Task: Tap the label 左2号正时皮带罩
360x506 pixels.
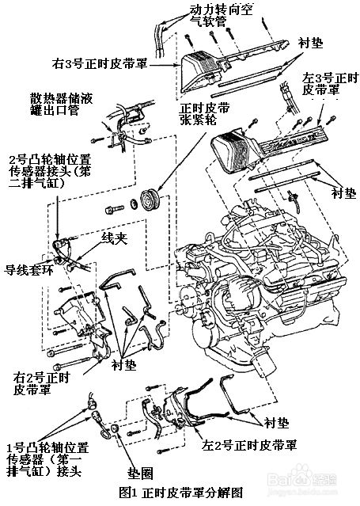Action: pos(249,444)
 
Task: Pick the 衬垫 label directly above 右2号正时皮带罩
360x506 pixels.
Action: pos(125,365)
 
